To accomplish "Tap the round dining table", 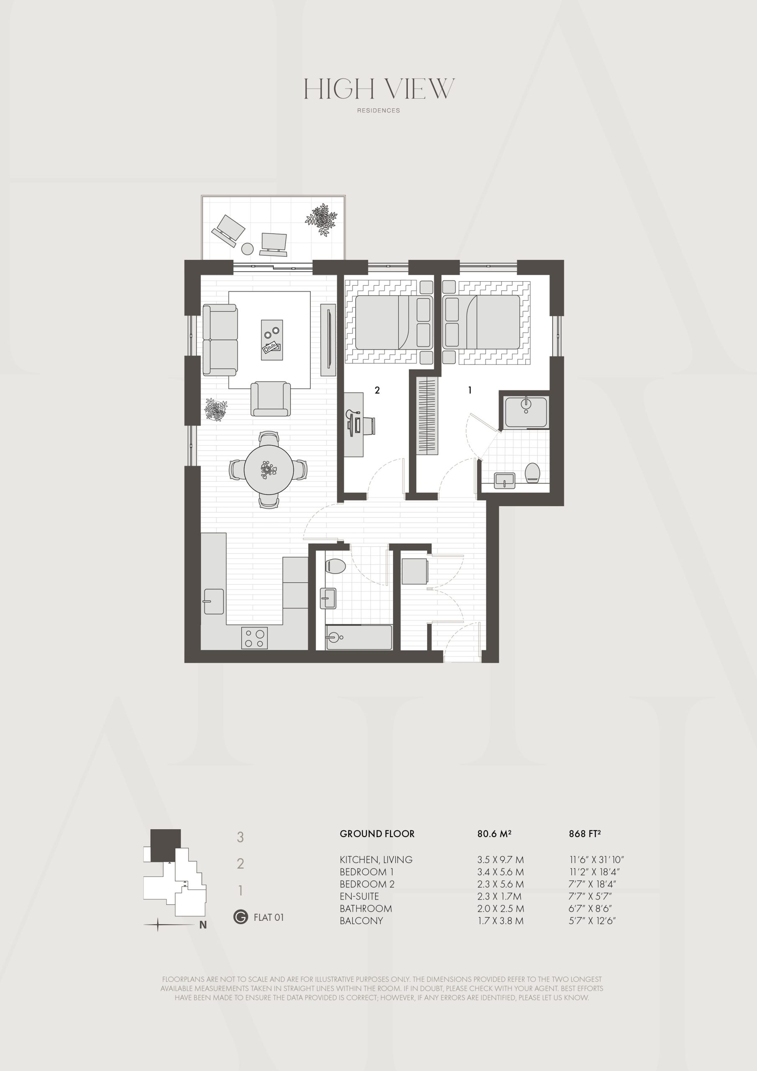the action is click(269, 470).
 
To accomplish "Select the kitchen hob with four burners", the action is click(254, 638).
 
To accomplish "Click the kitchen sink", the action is click(214, 601).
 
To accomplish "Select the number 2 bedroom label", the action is click(377, 390).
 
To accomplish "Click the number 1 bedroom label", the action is click(470, 390).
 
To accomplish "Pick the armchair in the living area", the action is click(271, 399).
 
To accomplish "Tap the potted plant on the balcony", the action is click(321, 219).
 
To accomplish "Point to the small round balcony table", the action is click(247, 249).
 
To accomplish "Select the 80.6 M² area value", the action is click(494, 833).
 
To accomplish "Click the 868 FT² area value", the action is click(584, 833).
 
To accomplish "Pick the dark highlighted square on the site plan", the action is click(165, 845).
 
